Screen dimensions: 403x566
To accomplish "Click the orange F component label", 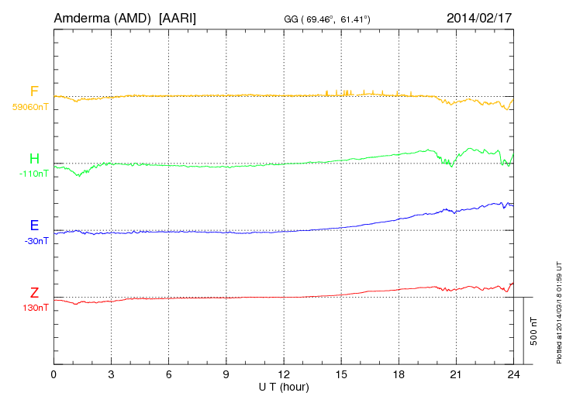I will pyautogui.click(x=34, y=91).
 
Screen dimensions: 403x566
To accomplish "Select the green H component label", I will pyautogui.click(x=34, y=159).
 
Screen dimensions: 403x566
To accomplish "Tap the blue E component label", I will pyautogui.click(x=34, y=226).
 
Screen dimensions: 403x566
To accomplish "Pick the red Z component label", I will pyautogui.click(x=34, y=293).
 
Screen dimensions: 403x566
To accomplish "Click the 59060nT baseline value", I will pyautogui.click(x=30, y=106).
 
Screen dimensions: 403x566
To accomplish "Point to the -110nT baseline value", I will pyautogui.click(x=34, y=174).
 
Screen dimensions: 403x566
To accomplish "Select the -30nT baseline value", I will pyautogui.click(x=36, y=240).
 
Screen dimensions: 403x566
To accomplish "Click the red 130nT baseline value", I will pyautogui.click(x=36, y=308).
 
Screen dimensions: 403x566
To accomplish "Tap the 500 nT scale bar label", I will pyautogui.click(x=534, y=331).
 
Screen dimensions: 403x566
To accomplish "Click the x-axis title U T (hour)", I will pyautogui.click(x=284, y=386).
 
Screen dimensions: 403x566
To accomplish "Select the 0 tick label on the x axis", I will pyautogui.click(x=54, y=374).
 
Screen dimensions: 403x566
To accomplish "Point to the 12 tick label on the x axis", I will pyautogui.click(x=284, y=374).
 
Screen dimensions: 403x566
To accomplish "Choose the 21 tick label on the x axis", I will pyautogui.click(x=456, y=374).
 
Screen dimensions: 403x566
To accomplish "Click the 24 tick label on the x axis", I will pyautogui.click(x=513, y=374).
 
